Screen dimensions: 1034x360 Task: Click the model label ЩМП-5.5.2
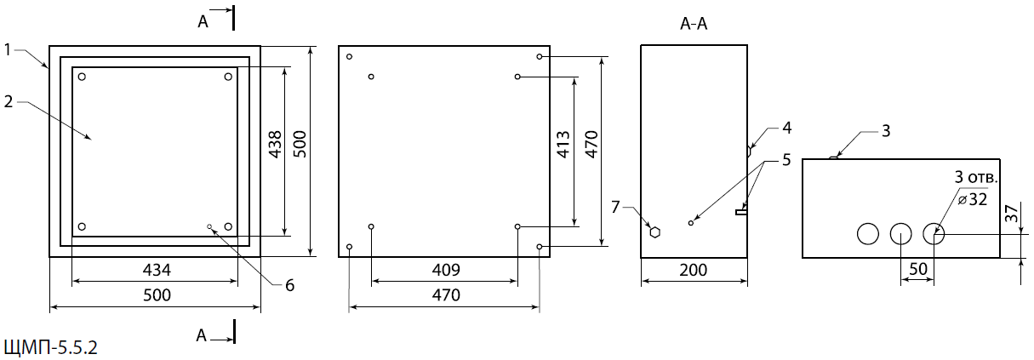click(x=51, y=347)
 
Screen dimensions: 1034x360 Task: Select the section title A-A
click(x=694, y=24)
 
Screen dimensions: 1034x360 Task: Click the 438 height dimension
click(x=275, y=145)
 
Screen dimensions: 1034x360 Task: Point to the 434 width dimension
click(x=157, y=270)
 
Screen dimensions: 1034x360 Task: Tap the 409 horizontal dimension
click(x=446, y=270)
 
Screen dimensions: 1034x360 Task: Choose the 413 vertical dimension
click(x=563, y=145)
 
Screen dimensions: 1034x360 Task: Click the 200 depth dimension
click(x=693, y=270)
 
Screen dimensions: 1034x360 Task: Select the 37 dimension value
click(x=1011, y=214)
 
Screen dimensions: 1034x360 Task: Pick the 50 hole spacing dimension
click(x=917, y=269)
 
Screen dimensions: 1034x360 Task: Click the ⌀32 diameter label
click(x=972, y=199)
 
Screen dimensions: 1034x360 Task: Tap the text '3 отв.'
click(x=975, y=177)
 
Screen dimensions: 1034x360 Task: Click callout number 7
click(x=614, y=207)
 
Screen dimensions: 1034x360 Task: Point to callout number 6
click(x=289, y=285)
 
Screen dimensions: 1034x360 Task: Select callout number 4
click(x=787, y=128)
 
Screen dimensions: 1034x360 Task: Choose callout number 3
click(x=886, y=131)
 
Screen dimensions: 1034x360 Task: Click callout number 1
click(x=8, y=49)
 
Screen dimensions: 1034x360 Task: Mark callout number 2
click(x=9, y=101)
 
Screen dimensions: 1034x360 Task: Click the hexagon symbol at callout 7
click(x=654, y=232)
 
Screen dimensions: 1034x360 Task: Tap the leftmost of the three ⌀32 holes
click(x=868, y=234)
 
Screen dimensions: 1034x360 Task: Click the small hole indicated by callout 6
click(x=209, y=226)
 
